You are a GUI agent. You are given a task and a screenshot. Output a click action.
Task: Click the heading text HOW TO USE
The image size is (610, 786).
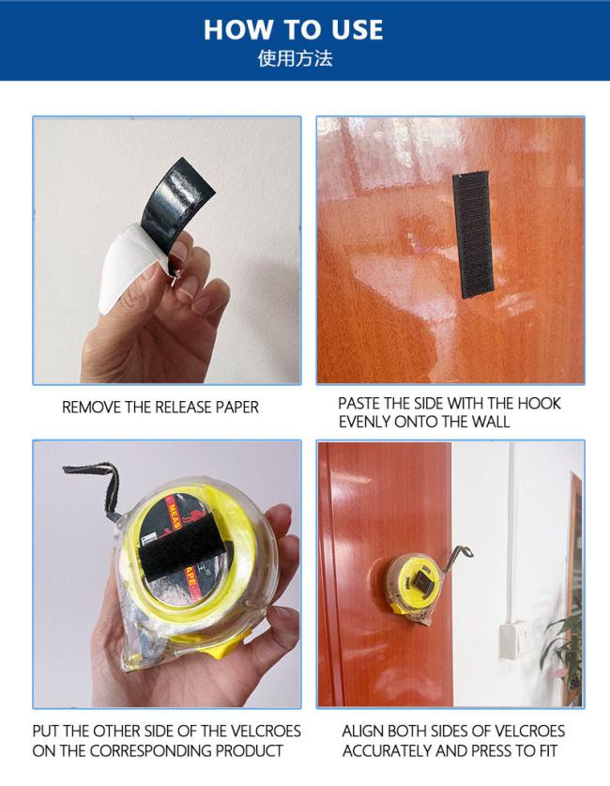pyautogui.click(x=293, y=29)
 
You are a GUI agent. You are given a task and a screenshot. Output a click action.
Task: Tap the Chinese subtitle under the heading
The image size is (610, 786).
pyautogui.click(x=295, y=58)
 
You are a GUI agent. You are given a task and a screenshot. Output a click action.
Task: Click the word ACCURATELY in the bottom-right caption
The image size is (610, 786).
pyautogui.click(x=385, y=750)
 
